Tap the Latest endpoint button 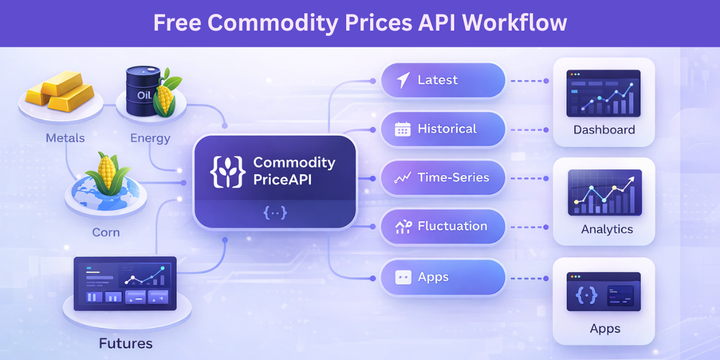click(x=443, y=80)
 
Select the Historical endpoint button click(x=443, y=129)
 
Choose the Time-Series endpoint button click(x=443, y=178)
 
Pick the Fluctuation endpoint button click(x=443, y=227)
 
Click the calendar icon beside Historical click(x=402, y=129)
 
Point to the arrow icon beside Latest click(x=403, y=80)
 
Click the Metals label click(x=65, y=138)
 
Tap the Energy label click(x=150, y=139)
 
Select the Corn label click(x=106, y=232)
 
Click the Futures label click(x=126, y=344)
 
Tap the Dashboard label click(x=604, y=130)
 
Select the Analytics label click(x=607, y=229)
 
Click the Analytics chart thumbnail click(x=604, y=192)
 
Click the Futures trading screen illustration click(x=125, y=283)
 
